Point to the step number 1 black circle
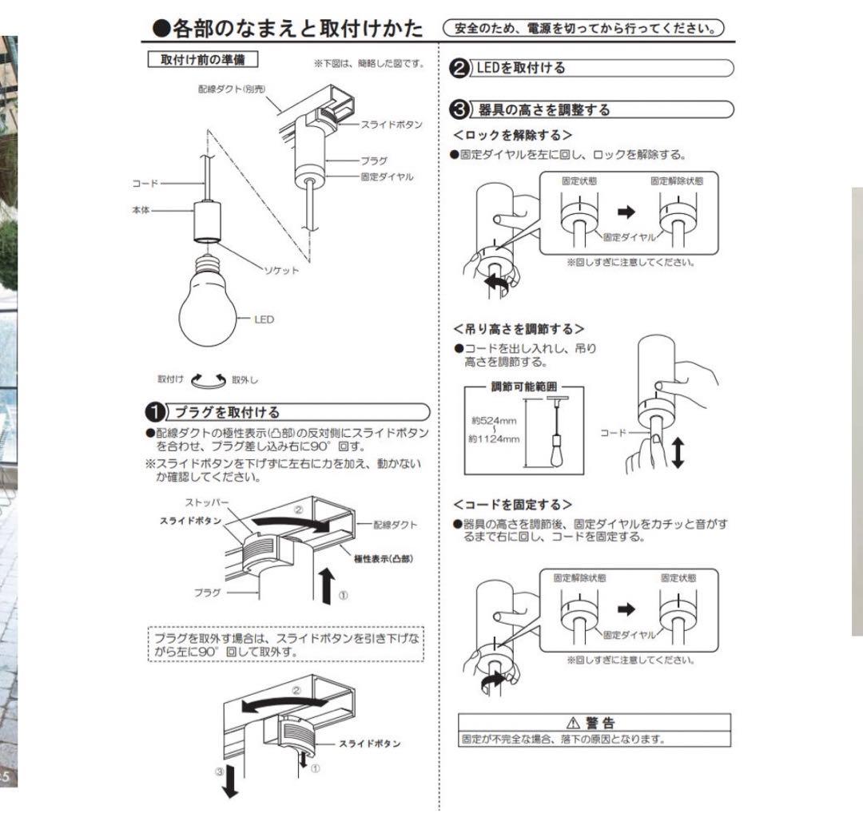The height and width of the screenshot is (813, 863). [x=153, y=412]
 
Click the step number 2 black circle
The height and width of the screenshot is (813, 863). [x=461, y=68]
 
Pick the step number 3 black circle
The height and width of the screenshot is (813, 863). [x=461, y=109]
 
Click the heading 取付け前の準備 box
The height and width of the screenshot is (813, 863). [x=203, y=61]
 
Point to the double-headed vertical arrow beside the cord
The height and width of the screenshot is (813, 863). [x=678, y=452]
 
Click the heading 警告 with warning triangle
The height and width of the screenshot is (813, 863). [x=595, y=723]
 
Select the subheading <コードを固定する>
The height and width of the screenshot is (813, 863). [x=512, y=504]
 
